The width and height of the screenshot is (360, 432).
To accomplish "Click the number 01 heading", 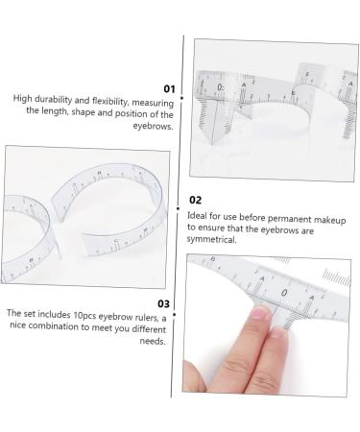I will click(x=169, y=87).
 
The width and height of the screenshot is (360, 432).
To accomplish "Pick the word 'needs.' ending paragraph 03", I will click(x=152, y=341).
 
